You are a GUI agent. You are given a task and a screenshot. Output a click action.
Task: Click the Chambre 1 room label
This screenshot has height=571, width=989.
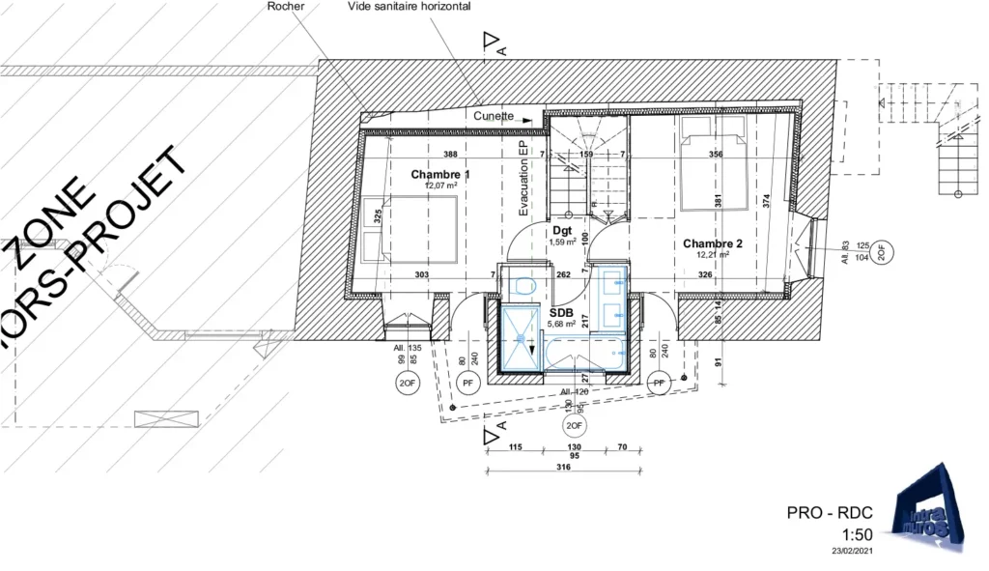pyautogui.click(x=440, y=175)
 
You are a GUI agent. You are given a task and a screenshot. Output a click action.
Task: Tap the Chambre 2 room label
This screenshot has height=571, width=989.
pyautogui.click(x=713, y=243)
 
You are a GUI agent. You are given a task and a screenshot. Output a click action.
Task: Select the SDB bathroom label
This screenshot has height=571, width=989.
pyautogui.click(x=561, y=313)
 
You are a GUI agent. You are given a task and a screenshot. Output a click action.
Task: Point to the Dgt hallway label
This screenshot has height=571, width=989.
pyautogui.click(x=562, y=231)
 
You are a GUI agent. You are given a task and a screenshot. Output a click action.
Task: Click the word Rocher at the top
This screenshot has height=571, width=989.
pyautogui.click(x=285, y=6)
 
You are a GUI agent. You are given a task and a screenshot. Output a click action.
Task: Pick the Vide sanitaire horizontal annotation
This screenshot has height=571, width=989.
pyautogui.click(x=410, y=6)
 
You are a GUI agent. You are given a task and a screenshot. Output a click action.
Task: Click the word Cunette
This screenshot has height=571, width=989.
pyautogui.click(x=494, y=116)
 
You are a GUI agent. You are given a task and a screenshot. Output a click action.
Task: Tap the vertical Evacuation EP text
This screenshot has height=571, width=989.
pyautogui.click(x=524, y=177)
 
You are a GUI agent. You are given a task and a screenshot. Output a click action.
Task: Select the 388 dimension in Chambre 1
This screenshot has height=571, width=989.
pyautogui.click(x=450, y=155)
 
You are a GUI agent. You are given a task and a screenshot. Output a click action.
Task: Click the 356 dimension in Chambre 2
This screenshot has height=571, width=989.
pyautogui.click(x=716, y=155)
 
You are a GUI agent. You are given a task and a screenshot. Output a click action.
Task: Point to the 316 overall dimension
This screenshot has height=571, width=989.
pyautogui.click(x=564, y=467)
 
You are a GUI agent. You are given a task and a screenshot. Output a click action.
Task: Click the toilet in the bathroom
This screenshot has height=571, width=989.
pyautogui.click(x=524, y=286)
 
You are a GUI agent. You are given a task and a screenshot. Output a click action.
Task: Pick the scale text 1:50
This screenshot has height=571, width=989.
pyautogui.click(x=858, y=534)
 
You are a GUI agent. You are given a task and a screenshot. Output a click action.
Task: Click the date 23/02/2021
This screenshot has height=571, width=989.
pyautogui.click(x=852, y=552)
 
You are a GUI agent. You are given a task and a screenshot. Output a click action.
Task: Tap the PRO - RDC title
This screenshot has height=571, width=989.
pyautogui.click(x=831, y=513)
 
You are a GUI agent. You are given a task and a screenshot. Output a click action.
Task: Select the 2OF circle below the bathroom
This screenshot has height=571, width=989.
pyautogui.click(x=575, y=425)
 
